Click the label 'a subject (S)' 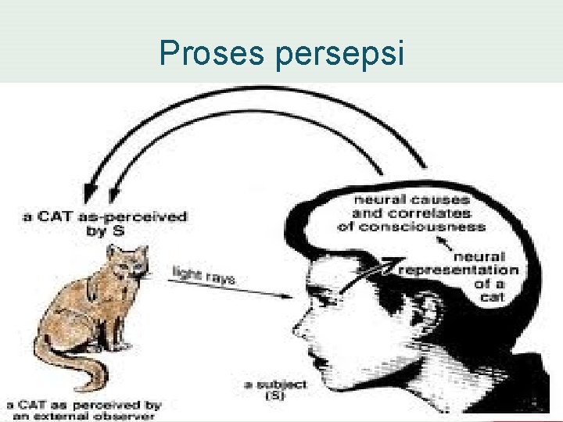tap(274, 390)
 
